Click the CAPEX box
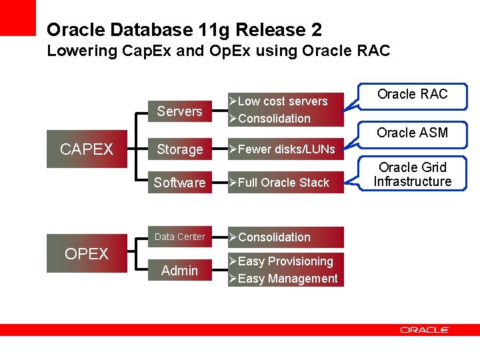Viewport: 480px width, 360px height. click(87, 149)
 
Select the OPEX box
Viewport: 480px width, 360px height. click(87, 254)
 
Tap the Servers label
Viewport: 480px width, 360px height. click(179, 111)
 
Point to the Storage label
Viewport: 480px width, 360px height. click(179, 150)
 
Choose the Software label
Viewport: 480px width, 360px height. click(179, 183)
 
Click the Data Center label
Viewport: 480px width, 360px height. click(179, 237)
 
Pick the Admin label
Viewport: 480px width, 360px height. click(179, 271)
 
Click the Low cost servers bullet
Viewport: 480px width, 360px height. click(283, 101)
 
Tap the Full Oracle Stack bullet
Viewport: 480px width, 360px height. click(283, 183)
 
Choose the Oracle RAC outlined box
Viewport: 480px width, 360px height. click(413, 95)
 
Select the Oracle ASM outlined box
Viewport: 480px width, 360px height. click(413, 133)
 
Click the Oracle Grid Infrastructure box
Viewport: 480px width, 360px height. click(413, 175)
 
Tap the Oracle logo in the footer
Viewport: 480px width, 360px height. click(425, 330)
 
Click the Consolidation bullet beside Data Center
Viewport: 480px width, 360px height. click(274, 237)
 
